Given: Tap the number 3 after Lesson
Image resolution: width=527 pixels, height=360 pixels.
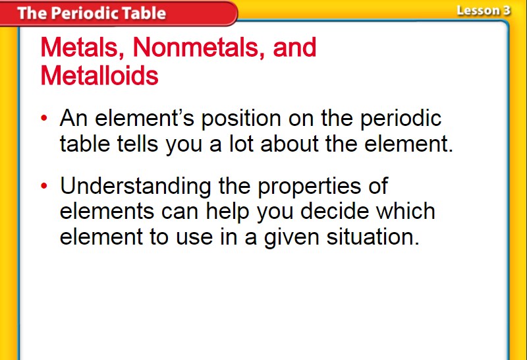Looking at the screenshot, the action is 507,11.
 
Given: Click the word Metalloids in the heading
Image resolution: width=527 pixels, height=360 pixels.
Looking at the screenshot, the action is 99,75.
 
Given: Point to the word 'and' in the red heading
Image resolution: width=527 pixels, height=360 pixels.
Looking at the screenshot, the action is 294,47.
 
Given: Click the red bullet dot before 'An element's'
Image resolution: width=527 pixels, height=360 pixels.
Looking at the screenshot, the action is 44,118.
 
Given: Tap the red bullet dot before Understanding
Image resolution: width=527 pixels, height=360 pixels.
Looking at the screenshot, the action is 44,186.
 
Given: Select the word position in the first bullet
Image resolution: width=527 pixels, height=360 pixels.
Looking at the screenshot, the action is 241,119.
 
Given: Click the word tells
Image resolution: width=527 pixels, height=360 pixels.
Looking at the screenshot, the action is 138,144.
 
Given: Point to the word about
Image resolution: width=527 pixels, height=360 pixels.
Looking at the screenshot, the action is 289,144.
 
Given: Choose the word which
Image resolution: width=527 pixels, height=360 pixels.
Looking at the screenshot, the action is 406,211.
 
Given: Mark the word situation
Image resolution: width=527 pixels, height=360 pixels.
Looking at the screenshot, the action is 373,237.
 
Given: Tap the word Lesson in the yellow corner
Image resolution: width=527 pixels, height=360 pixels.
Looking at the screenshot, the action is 478,11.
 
